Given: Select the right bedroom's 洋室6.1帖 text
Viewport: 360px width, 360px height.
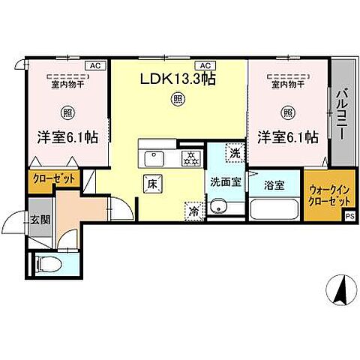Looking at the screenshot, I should (288, 137).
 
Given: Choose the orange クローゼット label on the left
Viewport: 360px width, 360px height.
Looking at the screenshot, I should (53, 180).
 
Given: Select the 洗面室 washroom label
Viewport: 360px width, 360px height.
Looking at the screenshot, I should (224, 181).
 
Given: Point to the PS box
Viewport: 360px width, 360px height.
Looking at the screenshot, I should (349, 216).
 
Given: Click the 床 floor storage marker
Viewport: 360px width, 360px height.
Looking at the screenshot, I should (150, 181).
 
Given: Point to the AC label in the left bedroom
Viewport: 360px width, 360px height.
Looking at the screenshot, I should (95, 66).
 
